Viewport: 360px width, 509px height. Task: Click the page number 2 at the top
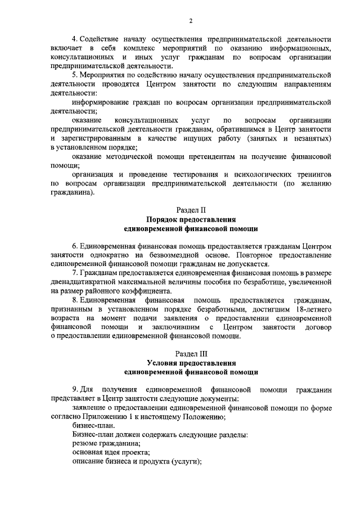click(x=191, y=21)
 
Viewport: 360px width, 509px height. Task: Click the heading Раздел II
click(x=191, y=210)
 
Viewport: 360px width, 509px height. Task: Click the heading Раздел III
click(x=191, y=354)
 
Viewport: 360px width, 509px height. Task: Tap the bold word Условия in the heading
click(x=163, y=363)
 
